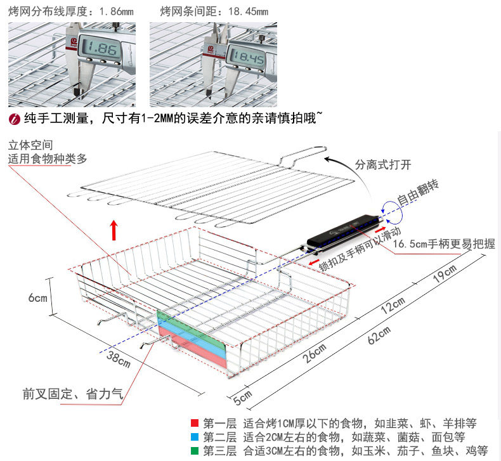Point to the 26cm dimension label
coord(315,353)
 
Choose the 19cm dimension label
coord(444,274)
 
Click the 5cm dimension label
coord(242,398)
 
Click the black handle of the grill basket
coord(342,231)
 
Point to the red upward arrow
coord(114,230)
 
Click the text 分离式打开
coord(382,165)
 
